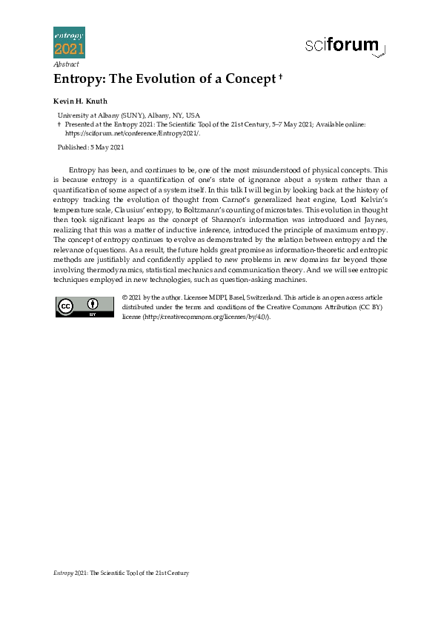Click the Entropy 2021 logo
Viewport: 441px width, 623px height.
click(69, 42)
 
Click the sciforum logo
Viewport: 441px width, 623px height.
click(345, 46)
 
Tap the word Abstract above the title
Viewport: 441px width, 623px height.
click(66, 64)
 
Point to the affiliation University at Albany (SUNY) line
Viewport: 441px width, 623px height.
click(129, 115)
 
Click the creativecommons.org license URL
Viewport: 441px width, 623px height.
click(204, 317)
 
